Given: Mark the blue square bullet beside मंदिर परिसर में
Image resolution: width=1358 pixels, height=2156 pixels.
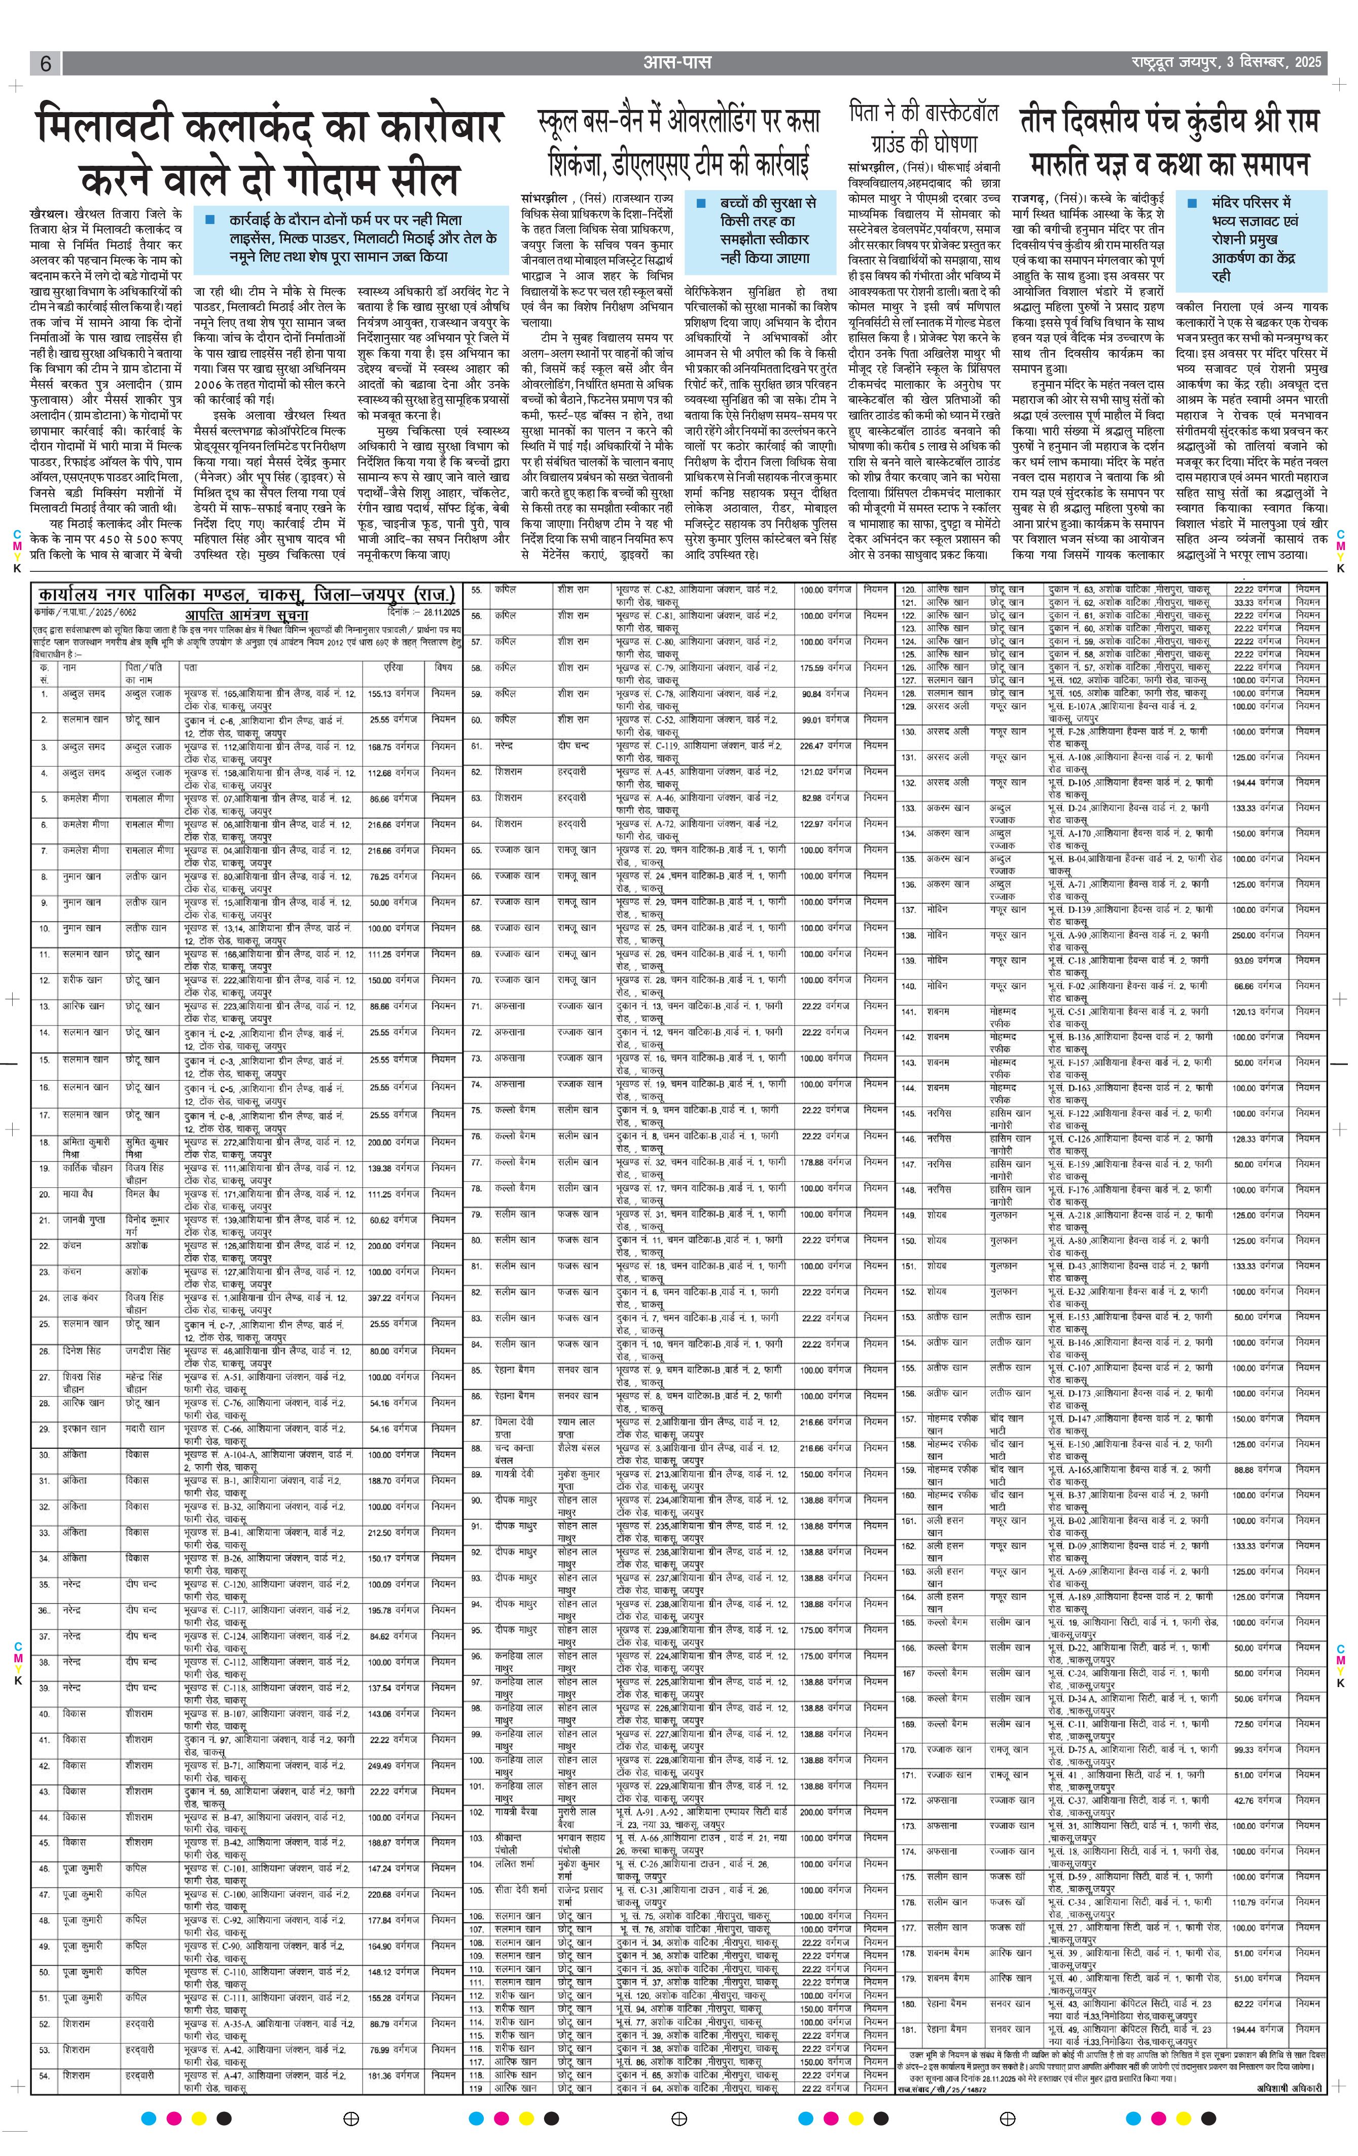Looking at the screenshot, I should [x=1192, y=203].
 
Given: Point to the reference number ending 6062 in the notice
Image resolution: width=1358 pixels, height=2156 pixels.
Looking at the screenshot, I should [x=86, y=612].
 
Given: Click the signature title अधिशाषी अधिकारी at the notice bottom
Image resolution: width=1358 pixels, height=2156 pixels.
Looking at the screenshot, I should [x=1288, y=2088].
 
